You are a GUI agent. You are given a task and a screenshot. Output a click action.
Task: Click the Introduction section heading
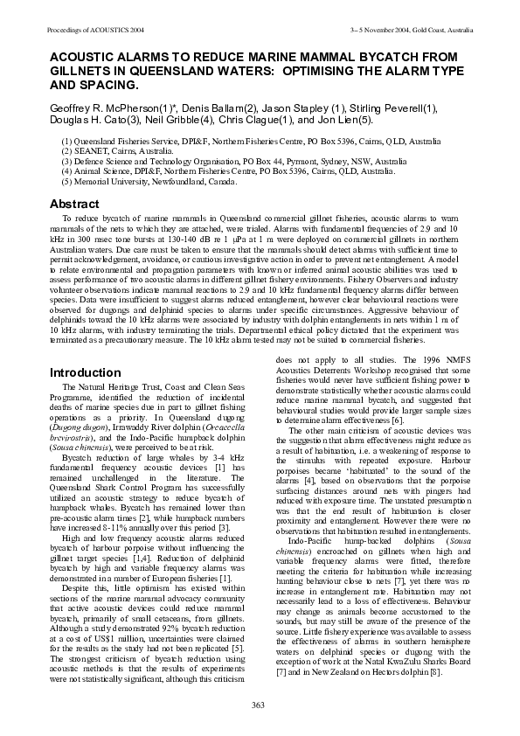85,373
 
